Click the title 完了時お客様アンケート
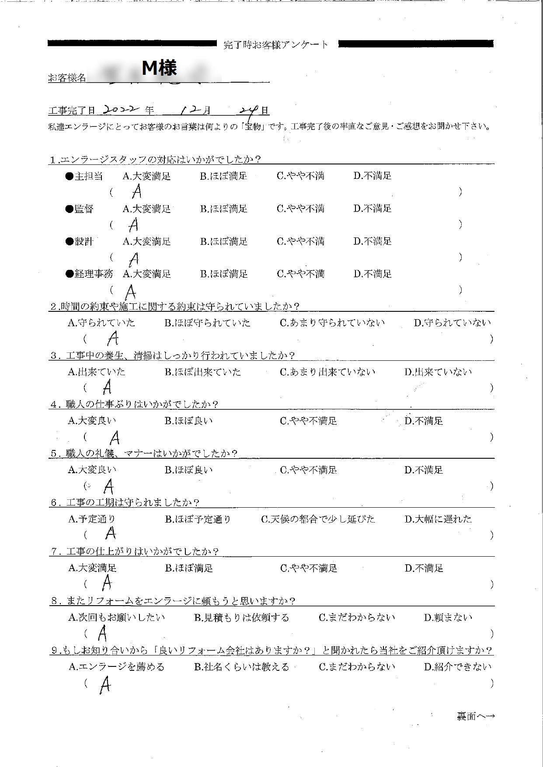coord(275,45)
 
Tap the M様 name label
coord(159,69)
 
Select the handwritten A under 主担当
coord(137,191)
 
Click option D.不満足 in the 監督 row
coord(372,209)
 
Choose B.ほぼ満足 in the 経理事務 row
coord(224,274)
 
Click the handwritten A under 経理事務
coord(130,291)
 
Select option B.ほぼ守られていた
coord(208,323)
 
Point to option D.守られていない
coord(452,323)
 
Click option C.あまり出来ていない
coord(327,372)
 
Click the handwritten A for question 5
coord(108,486)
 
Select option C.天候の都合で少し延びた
coord(318,519)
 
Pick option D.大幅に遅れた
coord(438,519)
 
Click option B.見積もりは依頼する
coord(241,617)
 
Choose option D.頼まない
coord(448,617)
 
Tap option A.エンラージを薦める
coord(117,667)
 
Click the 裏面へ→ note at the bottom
coord(476,716)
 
